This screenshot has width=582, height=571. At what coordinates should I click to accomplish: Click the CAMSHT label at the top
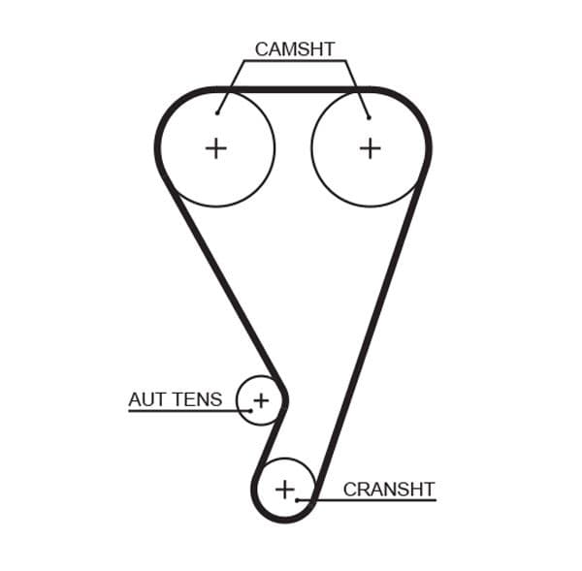coord(294,48)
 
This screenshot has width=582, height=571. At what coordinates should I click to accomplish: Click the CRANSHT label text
coord(389,490)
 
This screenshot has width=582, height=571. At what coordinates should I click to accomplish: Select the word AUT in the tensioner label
coord(147,399)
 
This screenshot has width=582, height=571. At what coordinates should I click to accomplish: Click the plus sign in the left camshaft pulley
coord(215,147)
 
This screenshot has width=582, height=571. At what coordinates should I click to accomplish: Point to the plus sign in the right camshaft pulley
coord(370,147)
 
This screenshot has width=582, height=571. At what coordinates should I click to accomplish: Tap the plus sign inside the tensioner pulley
coord(260,398)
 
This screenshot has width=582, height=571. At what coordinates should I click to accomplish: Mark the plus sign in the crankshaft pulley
coord(284,489)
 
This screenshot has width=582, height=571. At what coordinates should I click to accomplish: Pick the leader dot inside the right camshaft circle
coord(369,117)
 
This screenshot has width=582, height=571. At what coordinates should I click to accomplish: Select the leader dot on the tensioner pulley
coord(250,410)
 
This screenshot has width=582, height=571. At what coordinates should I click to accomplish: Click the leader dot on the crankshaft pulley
coord(298,499)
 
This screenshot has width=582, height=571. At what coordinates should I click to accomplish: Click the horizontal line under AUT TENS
coord(184,411)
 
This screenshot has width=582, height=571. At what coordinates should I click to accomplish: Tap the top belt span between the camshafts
coord(293,90)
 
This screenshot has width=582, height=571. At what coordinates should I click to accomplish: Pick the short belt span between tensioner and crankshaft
coord(267,441)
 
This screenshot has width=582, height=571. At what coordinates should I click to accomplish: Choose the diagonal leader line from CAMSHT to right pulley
coord(356,87)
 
